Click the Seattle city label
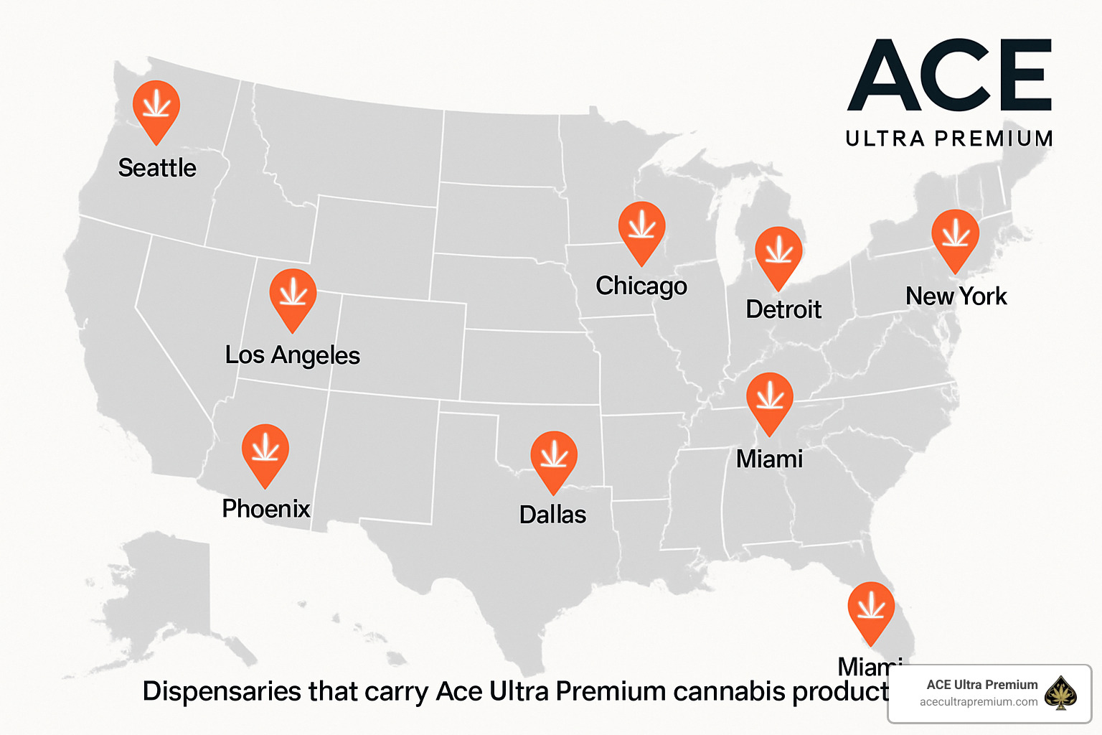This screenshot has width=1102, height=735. click(x=157, y=168)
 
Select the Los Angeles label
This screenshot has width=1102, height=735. click(x=293, y=355)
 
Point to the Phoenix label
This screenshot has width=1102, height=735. click(x=266, y=509)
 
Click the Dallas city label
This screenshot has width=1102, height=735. click(x=552, y=515)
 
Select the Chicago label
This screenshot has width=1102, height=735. click(x=641, y=286)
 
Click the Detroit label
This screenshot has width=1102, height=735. click(x=783, y=309)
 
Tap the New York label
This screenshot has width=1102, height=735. click(x=956, y=296)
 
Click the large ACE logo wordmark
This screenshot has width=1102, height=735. click(x=950, y=75)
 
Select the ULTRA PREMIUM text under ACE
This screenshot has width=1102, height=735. click(x=949, y=139)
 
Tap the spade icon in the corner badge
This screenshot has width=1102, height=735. click(x=1060, y=693)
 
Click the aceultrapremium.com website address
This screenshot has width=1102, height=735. click(x=979, y=702)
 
